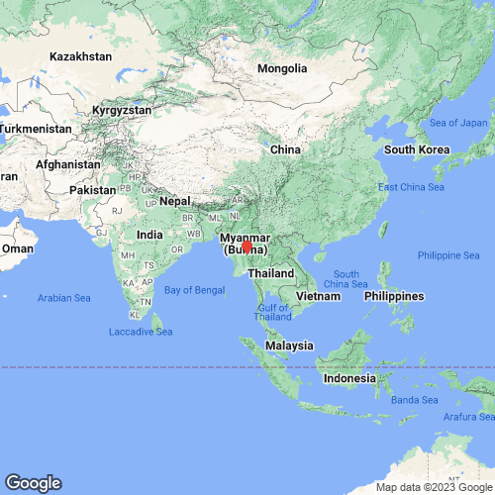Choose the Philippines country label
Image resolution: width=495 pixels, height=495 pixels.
394,296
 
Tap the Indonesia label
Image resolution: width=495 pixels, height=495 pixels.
347,378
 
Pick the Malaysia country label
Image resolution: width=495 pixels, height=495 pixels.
289,346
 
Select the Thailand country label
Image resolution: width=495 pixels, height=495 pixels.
271,272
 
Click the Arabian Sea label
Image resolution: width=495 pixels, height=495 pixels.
63,297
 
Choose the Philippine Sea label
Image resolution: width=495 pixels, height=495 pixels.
448,255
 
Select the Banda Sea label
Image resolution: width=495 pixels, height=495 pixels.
414,400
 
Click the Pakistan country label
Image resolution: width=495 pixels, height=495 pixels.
94,188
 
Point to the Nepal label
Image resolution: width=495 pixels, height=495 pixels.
174,200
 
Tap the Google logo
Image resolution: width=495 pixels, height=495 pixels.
32,483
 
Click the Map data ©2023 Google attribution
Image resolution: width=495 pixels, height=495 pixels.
433,487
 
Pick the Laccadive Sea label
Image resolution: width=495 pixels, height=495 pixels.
140,331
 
